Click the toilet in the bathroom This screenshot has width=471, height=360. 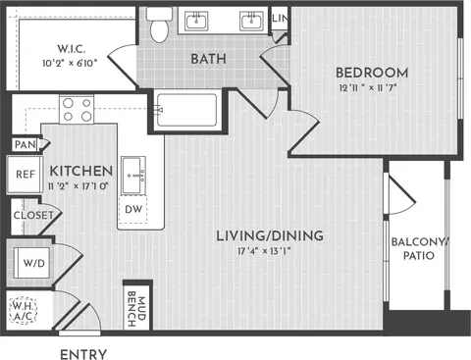[x=159, y=25]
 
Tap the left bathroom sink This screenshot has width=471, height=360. [x=196, y=21]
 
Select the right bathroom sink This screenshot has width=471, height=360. [x=251, y=21]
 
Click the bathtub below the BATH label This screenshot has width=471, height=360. [x=186, y=110]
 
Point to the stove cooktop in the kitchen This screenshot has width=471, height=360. [x=77, y=109]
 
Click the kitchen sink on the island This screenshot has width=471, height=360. [x=133, y=176]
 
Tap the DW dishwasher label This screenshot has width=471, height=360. [x=133, y=209]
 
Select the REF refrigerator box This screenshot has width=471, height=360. [x=25, y=175]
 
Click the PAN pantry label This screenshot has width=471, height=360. [x=26, y=144]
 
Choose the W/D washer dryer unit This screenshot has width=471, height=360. [x=32, y=263]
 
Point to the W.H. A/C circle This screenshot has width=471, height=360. [x=23, y=310]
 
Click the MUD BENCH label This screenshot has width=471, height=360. [x=136, y=309]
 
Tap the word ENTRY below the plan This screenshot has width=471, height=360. [x=83, y=354]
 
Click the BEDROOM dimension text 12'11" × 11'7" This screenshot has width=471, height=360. [x=368, y=88]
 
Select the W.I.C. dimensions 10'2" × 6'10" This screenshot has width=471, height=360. [x=70, y=63]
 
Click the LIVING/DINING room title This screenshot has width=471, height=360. [x=270, y=235]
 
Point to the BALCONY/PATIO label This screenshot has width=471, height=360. [x=419, y=249]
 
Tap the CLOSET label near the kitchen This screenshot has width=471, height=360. [x=33, y=215]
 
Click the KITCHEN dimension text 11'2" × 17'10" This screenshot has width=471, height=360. [x=78, y=186]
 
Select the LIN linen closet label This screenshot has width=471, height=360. [x=280, y=19]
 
